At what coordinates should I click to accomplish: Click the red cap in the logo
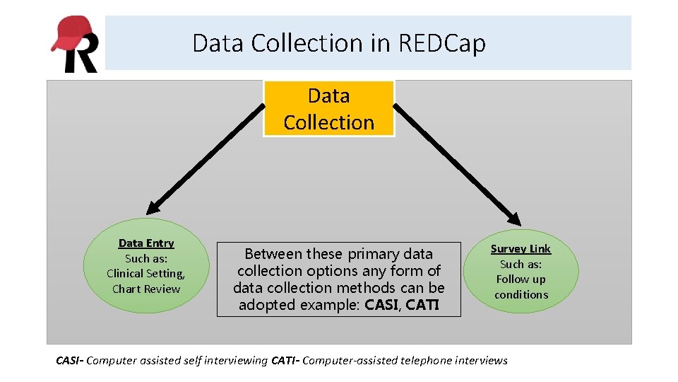click(71, 32)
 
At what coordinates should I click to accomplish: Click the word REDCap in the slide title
click(442, 43)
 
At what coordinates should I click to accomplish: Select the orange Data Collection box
click(328, 108)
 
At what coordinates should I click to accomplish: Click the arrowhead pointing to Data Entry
click(153, 207)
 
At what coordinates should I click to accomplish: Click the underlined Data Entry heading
click(146, 243)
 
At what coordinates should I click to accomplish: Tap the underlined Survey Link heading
click(521, 248)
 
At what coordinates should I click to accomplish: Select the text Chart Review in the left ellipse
click(146, 289)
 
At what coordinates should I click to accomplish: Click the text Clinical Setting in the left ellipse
click(145, 274)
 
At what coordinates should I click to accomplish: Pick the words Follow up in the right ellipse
click(521, 279)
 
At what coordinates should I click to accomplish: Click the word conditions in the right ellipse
click(521, 294)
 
